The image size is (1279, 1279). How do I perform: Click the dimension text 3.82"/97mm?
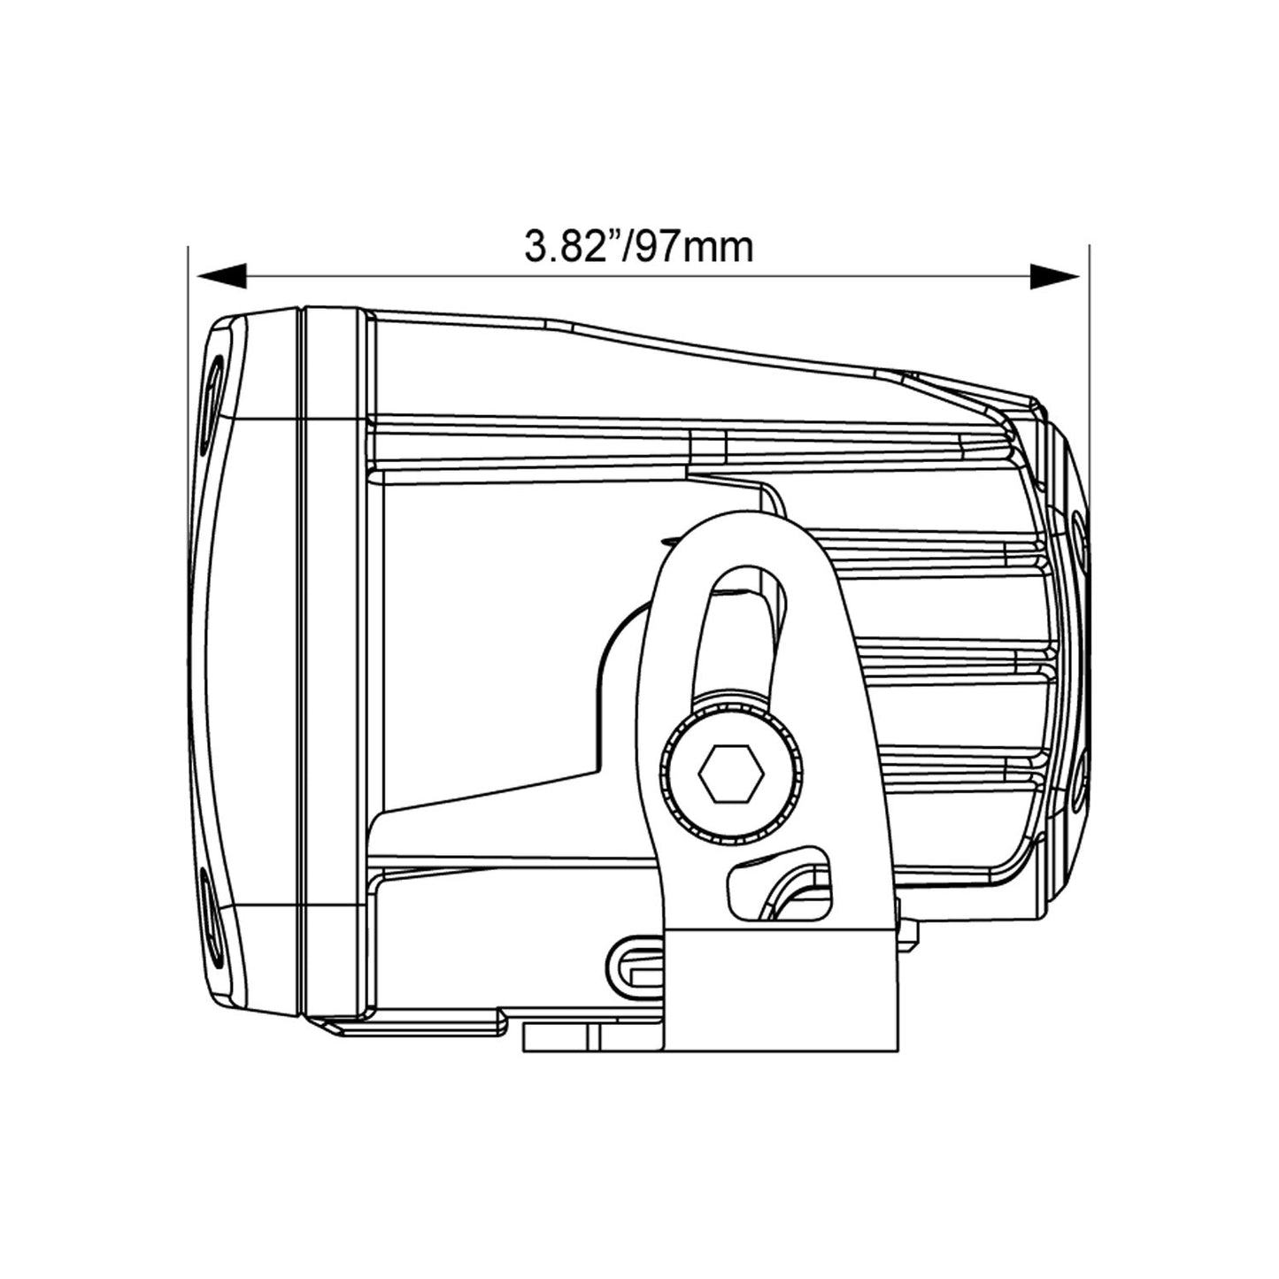pos(639,247)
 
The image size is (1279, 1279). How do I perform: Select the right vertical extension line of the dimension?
pos(1090,354)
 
